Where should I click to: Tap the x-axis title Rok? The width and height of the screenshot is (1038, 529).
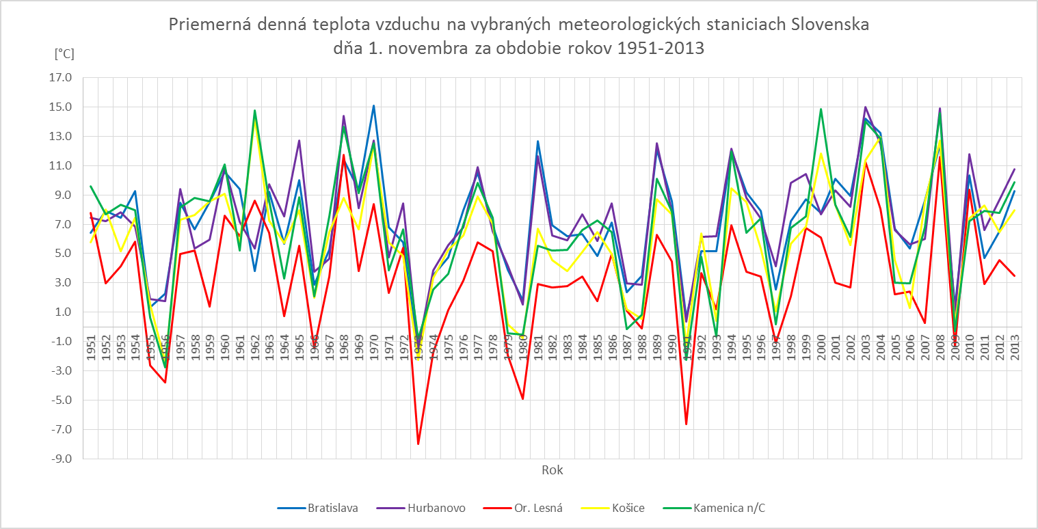tap(553, 470)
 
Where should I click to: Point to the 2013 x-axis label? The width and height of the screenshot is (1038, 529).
tap(1015, 346)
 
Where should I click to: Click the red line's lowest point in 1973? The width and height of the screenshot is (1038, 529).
tap(418, 444)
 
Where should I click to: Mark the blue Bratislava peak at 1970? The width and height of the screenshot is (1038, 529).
tap(373, 106)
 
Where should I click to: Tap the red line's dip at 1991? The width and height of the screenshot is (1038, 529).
tap(686, 424)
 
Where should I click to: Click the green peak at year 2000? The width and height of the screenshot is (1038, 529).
tap(821, 109)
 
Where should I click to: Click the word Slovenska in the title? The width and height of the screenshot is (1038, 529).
tap(829, 25)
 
